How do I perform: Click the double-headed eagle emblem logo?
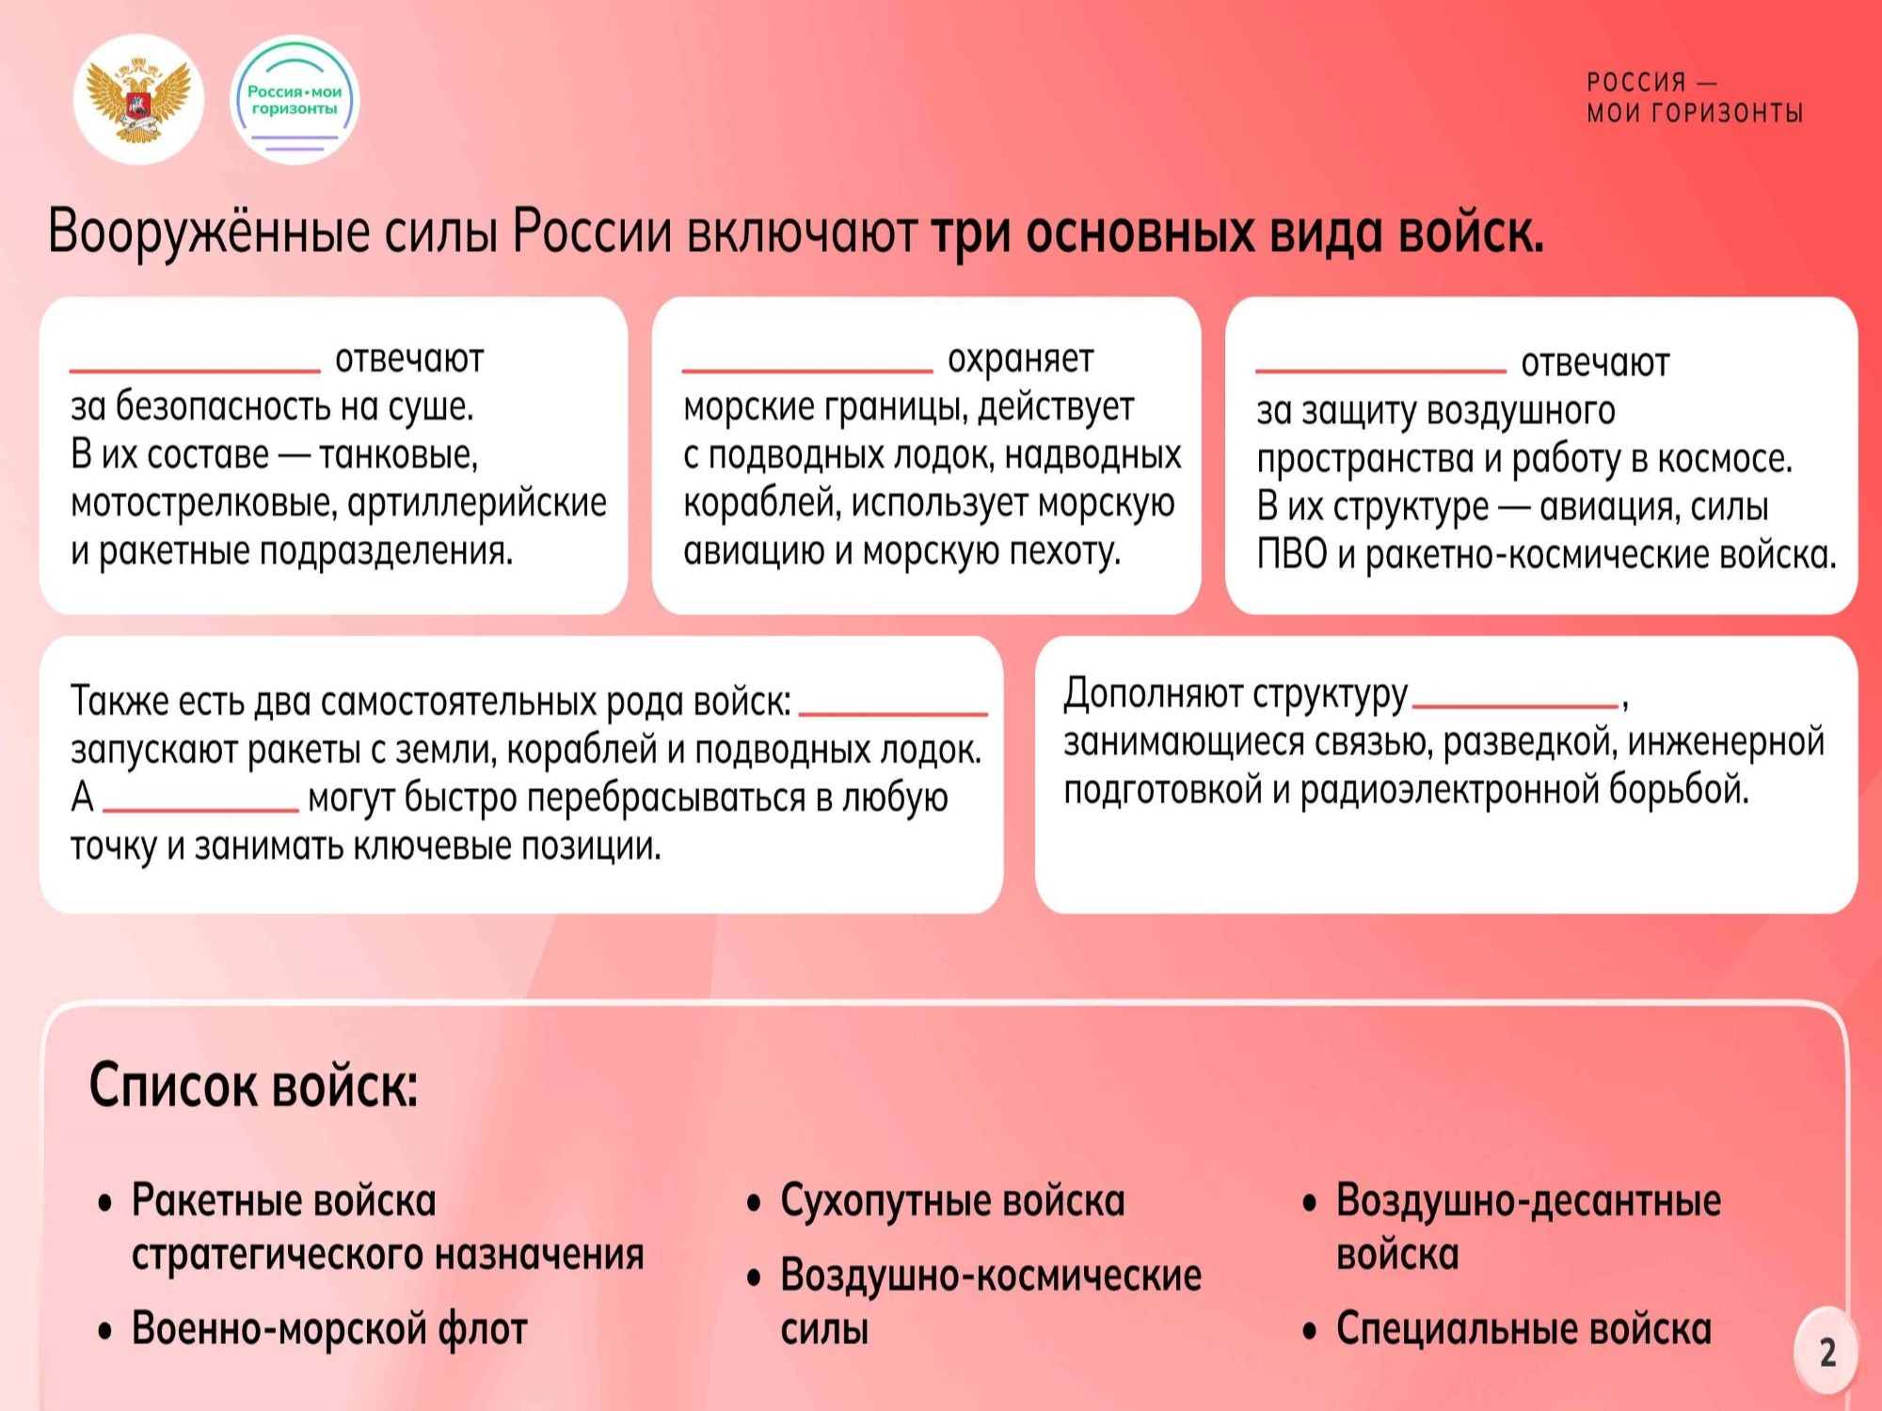pos(138,100)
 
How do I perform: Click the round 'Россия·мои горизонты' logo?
pos(295,100)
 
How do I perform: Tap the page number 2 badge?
pos(1826,1352)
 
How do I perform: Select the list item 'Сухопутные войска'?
pos(952,1201)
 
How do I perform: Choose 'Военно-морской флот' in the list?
pos(329,1328)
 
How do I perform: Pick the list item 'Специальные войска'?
pos(1523,1329)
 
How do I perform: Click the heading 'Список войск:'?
pos(253,1086)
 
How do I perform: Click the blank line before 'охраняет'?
pos(807,371)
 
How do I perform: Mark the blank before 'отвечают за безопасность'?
pos(195,371)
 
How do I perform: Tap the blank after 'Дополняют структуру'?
pos(1515,705)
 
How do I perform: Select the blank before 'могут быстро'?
pos(200,808)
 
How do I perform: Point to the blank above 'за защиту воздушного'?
pos(1380,371)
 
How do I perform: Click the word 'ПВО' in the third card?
pos(1292,555)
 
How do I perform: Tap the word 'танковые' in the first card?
pos(399,455)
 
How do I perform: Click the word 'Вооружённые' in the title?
pos(209,231)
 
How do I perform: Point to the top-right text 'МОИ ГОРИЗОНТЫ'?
pos(1695,113)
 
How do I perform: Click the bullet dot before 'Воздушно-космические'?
pos(753,1278)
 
